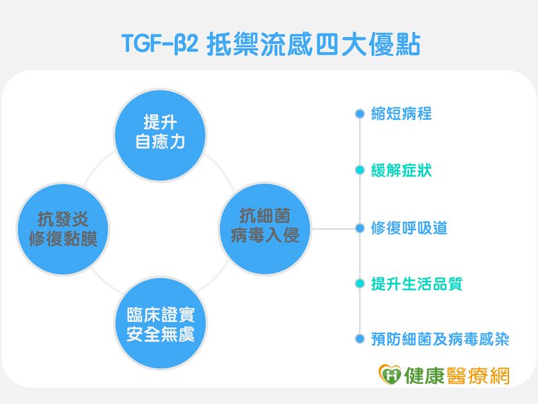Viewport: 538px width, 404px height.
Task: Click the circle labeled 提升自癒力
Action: pyautogui.click(x=160, y=135)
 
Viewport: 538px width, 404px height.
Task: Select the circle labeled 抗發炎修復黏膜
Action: pyautogui.click(x=63, y=229)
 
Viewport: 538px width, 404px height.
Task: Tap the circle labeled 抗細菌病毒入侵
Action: pyautogui.click(x=265, y=229)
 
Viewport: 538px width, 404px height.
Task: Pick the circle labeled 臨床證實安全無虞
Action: pyautogui.click(x=160, y=323)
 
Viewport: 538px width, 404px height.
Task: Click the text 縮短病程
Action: pyautogui.click(x=401, y=114)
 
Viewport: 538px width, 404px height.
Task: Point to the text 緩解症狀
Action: pyautogui.click(x=401, y=170)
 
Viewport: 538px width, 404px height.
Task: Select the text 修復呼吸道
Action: pyautogui.click(x=409, y=228)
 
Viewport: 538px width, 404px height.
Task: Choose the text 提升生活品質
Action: pyautogui.click(x=417, y=283)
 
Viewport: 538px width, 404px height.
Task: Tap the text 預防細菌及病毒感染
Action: pyautogui.click(x=440, y=339)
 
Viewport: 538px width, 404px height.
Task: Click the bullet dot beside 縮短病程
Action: pyautogui.click(x=360, y=114)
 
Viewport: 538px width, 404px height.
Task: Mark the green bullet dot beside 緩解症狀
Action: pyautogui.click(x=360, y=170)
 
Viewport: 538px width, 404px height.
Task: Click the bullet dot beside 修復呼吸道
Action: pyautogui.click(x=360, y=228)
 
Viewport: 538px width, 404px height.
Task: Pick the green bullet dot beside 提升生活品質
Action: pyautogui.click(x=360, y=283)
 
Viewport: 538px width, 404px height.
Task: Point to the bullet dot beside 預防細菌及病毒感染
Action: pyautogui.click(x=360, y=339)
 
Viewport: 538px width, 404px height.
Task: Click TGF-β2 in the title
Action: pyautogui.click(x=160, y=44)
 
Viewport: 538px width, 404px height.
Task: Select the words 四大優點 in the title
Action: pyautogui.click(x=367, y=44)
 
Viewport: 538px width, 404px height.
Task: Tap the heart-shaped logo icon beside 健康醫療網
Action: pyautogui.click(x=390, y=374)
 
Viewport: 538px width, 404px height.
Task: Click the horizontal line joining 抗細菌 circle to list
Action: pyautogui.click(x=334, y=228)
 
